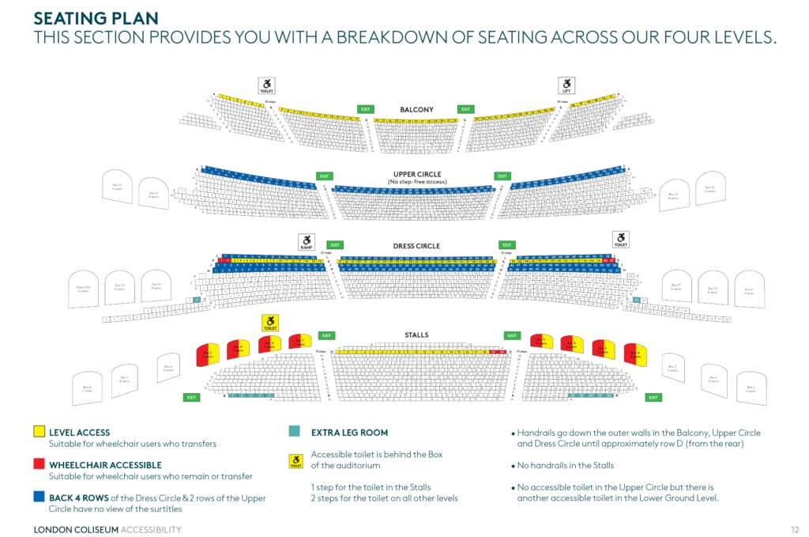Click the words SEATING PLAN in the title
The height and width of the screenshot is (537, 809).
(x=96, y=17)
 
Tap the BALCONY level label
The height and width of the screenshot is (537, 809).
(x=416, y=109)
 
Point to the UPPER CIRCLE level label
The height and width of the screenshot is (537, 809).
(x=416, y=174)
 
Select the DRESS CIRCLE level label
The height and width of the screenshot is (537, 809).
(x=416, y=246)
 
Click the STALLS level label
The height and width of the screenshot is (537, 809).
(x=416, y=335)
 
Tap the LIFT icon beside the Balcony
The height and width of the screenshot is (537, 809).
(x=566, y=85)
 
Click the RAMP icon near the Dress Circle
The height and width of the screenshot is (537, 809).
(x=307, y=241)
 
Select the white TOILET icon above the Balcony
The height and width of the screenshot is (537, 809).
(x=267, y=85)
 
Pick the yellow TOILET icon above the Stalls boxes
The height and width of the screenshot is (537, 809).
(x=270, y=323)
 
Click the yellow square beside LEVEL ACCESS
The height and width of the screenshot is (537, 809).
(x=39, y=432)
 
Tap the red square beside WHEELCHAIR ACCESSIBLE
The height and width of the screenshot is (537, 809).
(x=39, y=465)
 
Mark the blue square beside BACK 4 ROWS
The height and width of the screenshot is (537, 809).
(x=39, y=498)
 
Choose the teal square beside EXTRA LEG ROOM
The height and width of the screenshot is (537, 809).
(x=295, y=432)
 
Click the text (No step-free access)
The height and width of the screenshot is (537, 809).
(x=416, y=182)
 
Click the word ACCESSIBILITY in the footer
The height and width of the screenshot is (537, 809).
(x=150, y=529)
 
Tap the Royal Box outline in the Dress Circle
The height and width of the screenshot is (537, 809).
(x=83, y=289)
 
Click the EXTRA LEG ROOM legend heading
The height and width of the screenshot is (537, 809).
(x=349, y=433)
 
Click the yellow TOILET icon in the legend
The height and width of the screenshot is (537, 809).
(x=295, y=461)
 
